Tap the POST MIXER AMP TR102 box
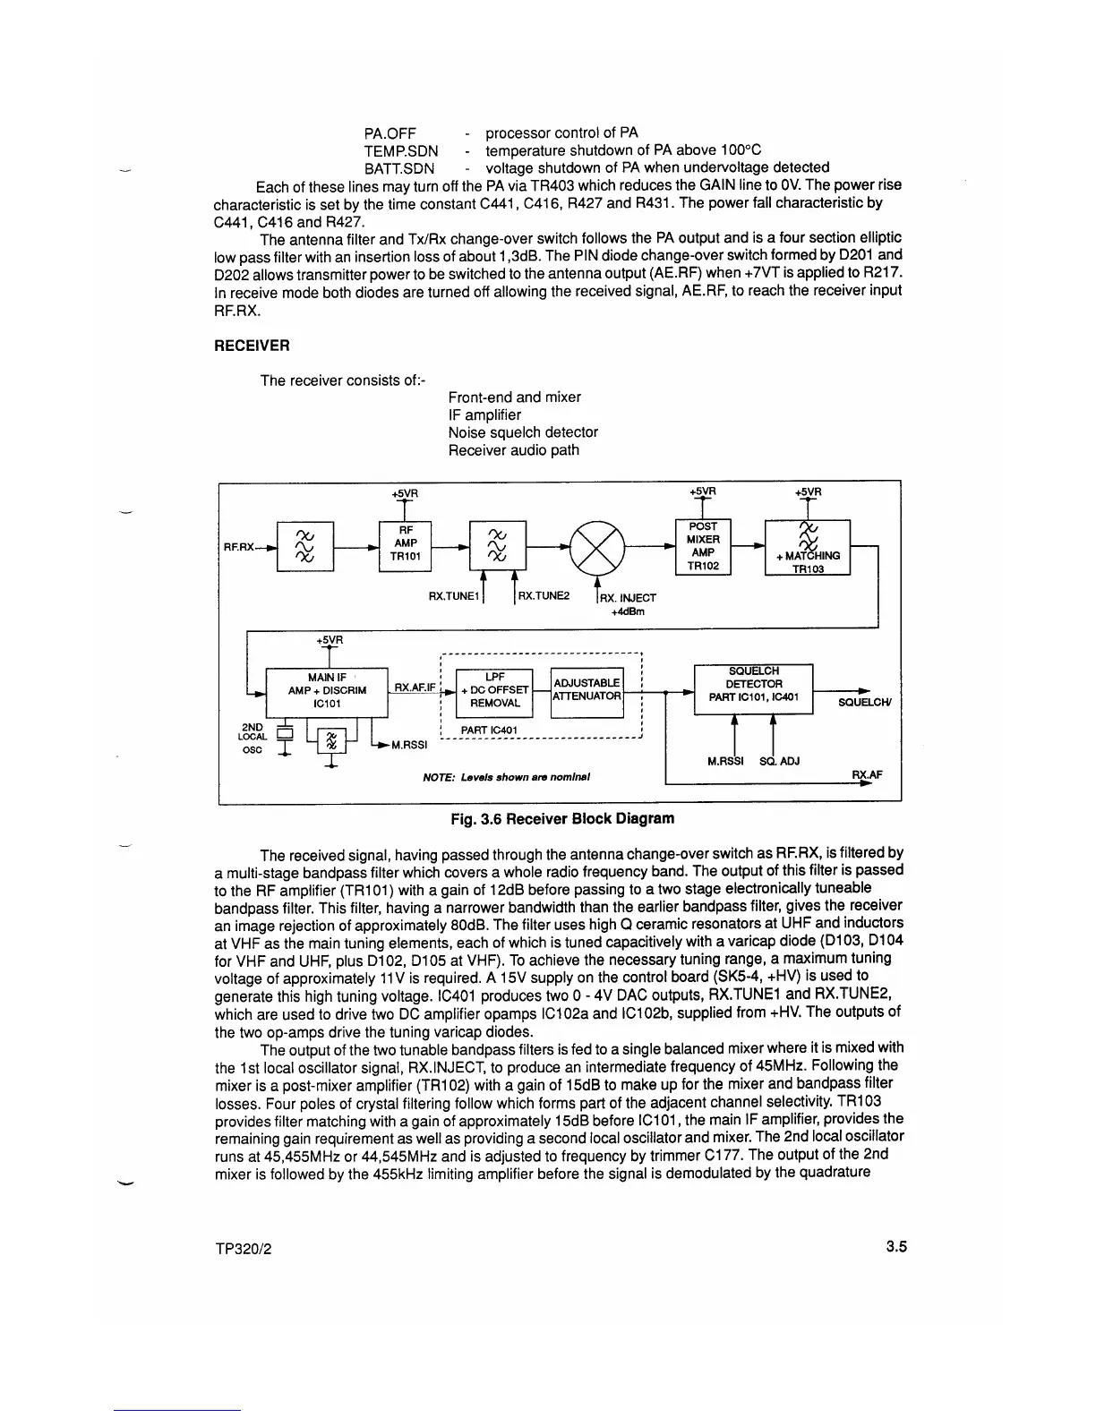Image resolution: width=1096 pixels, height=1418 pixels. click(703, 546)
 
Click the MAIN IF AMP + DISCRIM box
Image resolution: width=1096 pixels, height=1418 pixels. click(327, 691)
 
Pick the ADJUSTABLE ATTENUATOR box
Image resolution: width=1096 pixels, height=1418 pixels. click(587, 690)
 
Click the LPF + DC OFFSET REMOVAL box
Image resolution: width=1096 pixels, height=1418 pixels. click(494, 690)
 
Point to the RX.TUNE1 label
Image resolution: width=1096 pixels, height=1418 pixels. click(455, 595)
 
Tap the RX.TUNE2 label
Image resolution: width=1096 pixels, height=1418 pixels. click(544, 595)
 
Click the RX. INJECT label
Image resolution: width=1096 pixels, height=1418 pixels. click(628, 598)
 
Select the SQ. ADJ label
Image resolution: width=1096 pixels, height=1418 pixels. click(778, 762)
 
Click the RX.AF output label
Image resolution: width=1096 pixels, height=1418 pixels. click(864, 775)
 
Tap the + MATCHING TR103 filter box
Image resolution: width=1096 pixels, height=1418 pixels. click(808, 548)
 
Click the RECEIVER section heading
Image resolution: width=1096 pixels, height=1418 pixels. click(252, 346)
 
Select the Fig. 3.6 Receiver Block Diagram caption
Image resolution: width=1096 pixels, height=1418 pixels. click(562, 818)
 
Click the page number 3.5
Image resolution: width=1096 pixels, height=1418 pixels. click(897, 1246)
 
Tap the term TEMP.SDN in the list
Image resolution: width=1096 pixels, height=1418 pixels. click(400, 150)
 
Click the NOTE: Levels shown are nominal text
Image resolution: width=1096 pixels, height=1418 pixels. click(505, 776)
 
